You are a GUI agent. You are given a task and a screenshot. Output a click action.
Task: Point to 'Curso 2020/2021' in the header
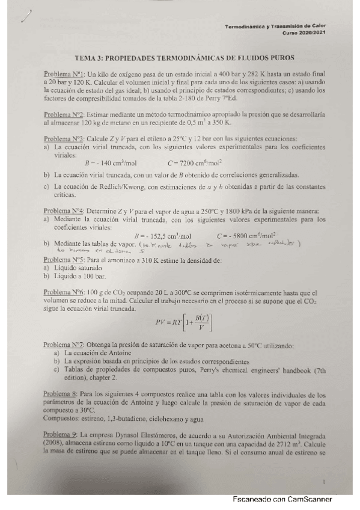click(307, 34)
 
